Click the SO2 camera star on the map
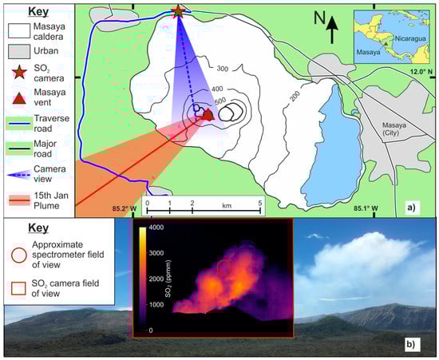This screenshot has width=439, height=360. pos(178,11)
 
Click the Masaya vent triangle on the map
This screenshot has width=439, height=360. pos(208,115)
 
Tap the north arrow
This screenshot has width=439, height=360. pos(332,30)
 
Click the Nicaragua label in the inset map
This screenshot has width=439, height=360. pos(410,38)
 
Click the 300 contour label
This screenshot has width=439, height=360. pos(223,69)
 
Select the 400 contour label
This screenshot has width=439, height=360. pos(217,89)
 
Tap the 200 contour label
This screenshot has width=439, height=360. pos(295,96)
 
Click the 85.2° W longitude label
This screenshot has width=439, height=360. pos(125,208)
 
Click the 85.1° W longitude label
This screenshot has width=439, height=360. pos(366,208)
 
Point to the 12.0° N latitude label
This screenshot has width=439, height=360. pos(421,72)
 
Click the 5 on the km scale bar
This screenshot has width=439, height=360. pos(260,203)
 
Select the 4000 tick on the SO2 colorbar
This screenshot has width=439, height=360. pos(156,227)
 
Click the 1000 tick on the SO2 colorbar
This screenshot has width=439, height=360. pos(156,305)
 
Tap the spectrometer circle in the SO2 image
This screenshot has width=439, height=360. pos(224,267)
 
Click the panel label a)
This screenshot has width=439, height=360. pos(411,208)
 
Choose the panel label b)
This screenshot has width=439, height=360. pos(411,344)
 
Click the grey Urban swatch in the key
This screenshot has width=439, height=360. pos(19,52)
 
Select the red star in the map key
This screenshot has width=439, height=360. pos(19,72)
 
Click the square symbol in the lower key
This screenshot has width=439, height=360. pos(18,288)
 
